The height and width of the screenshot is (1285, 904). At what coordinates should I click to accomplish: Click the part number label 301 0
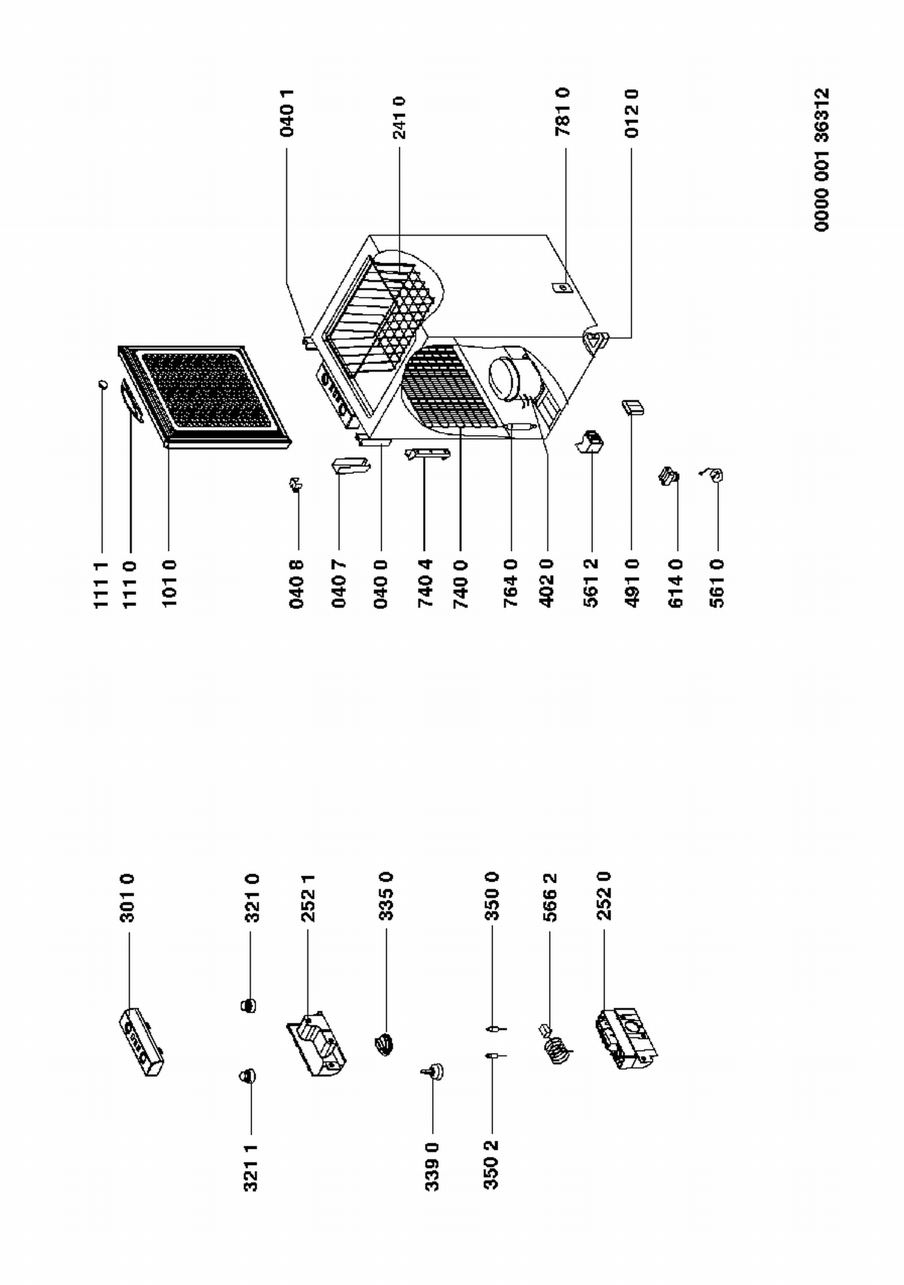coord(127,898)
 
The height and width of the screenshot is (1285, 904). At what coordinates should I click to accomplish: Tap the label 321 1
coord(251,1168)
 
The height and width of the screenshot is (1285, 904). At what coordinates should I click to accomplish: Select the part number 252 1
coord(308,898)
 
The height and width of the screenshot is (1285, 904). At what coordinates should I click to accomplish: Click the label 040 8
coord(297,584)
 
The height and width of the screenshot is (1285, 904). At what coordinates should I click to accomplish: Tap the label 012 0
coord(631,113)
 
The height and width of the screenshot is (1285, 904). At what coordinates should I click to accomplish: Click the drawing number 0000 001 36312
coord(822,160)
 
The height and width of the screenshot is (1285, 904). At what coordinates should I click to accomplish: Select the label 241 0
coord(399,118)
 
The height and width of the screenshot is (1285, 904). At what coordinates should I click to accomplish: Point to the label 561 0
coord(717,583)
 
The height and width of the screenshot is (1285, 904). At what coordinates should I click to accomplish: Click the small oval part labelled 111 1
coord(103,384)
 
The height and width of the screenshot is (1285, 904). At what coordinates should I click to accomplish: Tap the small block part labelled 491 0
coord(633,407)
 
